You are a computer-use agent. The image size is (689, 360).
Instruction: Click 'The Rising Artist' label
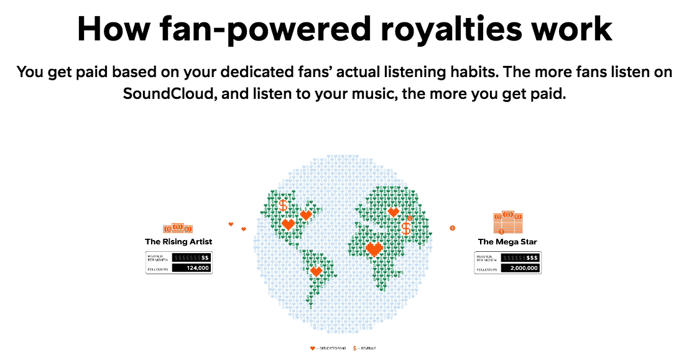[178, 241]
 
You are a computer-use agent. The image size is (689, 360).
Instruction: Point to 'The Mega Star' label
[508, 241]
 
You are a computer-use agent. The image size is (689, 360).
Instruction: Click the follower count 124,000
[191, 268]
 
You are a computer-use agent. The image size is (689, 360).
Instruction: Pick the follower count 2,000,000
[520, 269]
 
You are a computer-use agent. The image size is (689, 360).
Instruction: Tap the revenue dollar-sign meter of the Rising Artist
[191, 257]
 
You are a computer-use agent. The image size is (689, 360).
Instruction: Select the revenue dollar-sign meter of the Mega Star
[520, 257]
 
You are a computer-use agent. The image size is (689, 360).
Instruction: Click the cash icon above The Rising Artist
[178, 229]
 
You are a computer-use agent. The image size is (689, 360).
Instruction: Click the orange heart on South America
[316, 271]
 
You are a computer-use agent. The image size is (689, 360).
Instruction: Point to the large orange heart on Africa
[374, 249]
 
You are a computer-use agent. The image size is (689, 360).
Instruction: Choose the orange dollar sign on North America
[283, 205]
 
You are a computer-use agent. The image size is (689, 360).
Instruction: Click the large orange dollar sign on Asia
[406, 228]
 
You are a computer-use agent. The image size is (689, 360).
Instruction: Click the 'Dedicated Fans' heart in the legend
[312, 348]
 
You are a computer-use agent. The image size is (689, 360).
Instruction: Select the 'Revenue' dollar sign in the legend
[354, 348]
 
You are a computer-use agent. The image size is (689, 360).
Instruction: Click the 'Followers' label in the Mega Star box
[486, 269]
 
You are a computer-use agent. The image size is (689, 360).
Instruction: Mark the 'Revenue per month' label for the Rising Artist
[158, 257]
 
